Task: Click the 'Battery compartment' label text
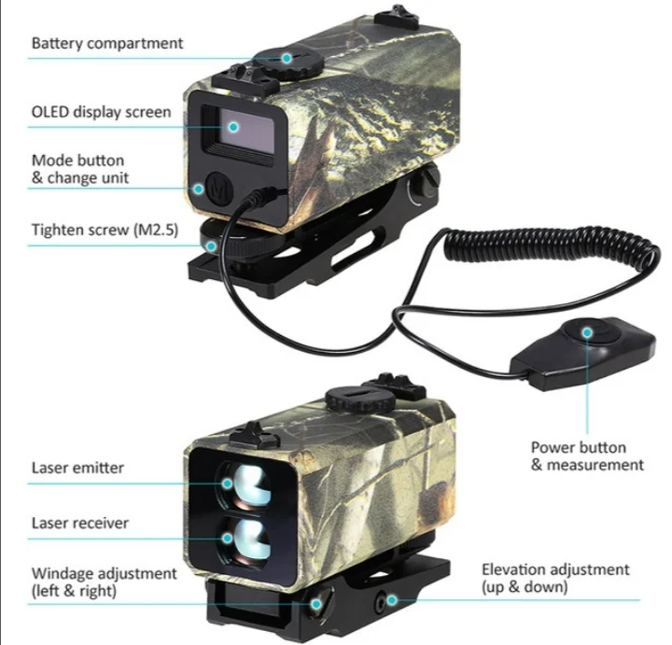(x=107, y=44)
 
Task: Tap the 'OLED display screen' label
(x=101, y=112)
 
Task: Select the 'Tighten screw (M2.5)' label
(x=105, y=231)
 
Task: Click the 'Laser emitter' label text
(x=77, y=468)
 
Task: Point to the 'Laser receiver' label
(x=79, y=523)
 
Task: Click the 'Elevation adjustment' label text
(x=555, y=569)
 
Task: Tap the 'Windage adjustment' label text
(x=104, y=573)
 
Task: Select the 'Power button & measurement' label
(x=587, y=456)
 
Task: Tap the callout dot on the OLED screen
(x=233, y=127)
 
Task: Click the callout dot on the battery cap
(x=287, y=58)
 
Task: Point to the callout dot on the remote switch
(x=587, y=332)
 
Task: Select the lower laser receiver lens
(x=245, y=540)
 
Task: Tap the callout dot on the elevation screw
(x=391, y=600)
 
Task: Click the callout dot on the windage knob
(x=316, y=604)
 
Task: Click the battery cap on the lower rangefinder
(x=360, y=399)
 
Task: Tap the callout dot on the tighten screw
(x=211, y=246)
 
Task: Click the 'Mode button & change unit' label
(x=79, y=169)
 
